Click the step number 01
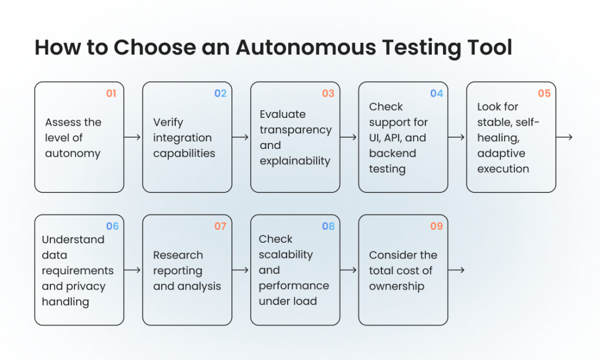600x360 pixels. pyautogui.click(x=111, y=93)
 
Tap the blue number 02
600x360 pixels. pyautogui.click(x=220, y=93)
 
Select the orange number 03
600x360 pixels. pyautogui.click(x=328, y=93)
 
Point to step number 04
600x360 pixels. pyautogui.click(x=436, y=93)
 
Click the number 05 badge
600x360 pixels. pyautogui.click(x=544, y=93)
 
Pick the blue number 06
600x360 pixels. pyautogui.click(x=112, y=226)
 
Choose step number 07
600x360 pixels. pyautogui.click(x=220, y=226)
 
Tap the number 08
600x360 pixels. pyautogui.click(x=328, y=226)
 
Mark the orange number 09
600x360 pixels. pyautogui.click(x=436, y=226)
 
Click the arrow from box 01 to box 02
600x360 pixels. pyautogui.click(x=132, y=137)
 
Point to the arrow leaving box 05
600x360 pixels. pyautogui.click(x=564, y=137)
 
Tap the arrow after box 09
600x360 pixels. pyautogui.click(x=456, y=270)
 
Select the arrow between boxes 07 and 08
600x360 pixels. pyautogui.click(x=240, y=270)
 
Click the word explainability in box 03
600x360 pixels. pyautogui.click(x=295, y=161)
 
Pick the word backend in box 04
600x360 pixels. pyautogui.click(x=392, y=153)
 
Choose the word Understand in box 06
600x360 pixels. pyautogui.click(x=73, y=239)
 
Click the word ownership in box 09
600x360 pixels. pyautogui.click(x=397, y=286)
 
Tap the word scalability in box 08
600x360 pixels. pyautogui.click(x=285, y=254)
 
